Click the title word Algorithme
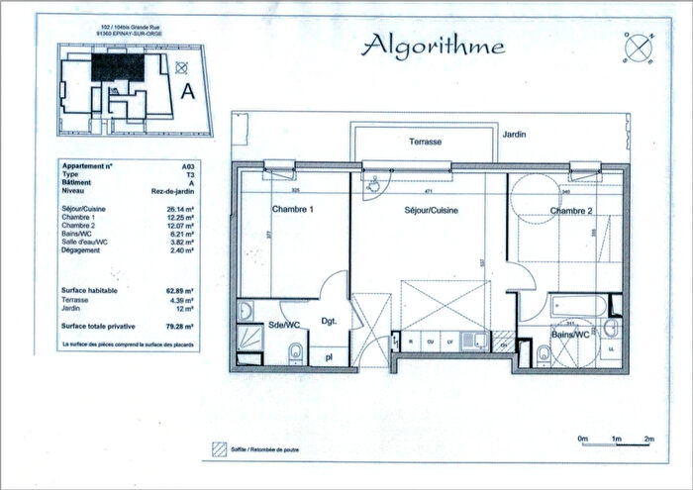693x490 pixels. point(433,46)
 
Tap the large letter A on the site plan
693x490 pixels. point(185,91)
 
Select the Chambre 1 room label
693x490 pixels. point(292,210)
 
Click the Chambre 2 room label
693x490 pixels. point(571,210)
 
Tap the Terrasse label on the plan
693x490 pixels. point(425,143)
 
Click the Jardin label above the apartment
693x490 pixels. point(513,134)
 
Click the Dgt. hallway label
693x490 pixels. point(330,321)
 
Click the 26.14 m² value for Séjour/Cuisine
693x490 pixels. point(180,210)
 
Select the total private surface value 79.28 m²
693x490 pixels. point(180,325)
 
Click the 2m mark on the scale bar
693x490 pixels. point(648,439)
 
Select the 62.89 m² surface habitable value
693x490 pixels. point(180,291)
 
